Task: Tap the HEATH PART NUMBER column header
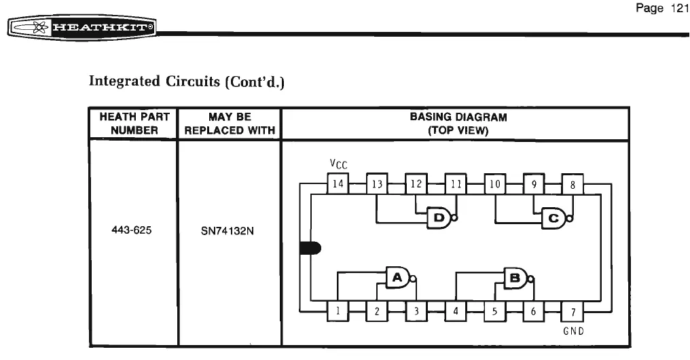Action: pos(134,123)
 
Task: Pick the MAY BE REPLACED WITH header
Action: pos(230,123)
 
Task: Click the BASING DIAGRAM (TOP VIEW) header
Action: pos(458,123)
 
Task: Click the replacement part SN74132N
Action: pos(227,230)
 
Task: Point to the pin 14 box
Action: pos(338,183)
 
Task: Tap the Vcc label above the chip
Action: pos(338,164)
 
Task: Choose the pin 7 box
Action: pos(573,312)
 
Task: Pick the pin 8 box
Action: pos(573,183)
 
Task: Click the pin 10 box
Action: pos(494,183)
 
